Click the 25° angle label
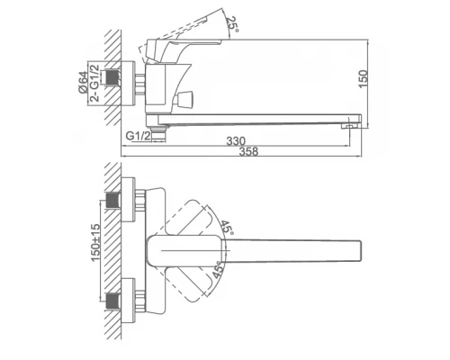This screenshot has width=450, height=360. point(232,25)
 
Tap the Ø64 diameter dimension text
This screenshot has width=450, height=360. point(84,82)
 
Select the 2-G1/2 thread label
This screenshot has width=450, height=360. point(94,83)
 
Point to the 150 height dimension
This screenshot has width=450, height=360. point(363,78)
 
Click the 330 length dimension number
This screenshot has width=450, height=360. point(236,141)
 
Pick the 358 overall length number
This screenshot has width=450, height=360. point(248,151)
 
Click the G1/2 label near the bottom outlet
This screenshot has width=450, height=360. point(138,136)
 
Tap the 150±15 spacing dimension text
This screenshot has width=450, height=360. point(95,243)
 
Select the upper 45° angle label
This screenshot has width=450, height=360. point(227,229)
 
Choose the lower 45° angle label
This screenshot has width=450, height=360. point(218,270)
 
